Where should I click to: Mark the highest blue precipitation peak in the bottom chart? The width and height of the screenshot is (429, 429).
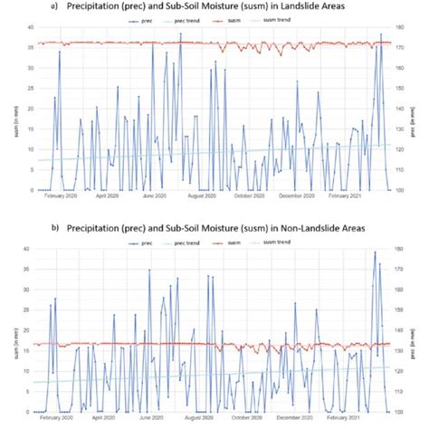click(375, 253)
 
